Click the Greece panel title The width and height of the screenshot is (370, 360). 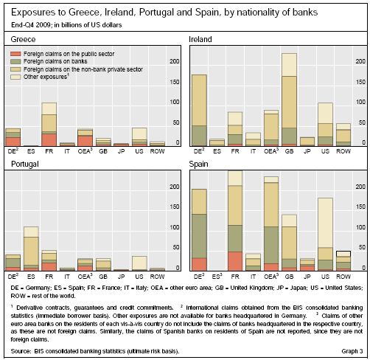pos(23,39)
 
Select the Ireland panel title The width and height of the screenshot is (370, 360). pos(200,39)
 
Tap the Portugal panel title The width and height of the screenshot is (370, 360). pos(25,164)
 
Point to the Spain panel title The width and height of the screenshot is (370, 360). pos(198,164)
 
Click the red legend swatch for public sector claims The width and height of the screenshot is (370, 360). pos(15,54)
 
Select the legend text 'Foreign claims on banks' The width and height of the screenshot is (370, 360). pos(55,61)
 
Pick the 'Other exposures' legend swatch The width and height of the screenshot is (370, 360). pos(15,77)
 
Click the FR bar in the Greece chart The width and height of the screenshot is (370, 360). pos(49,125)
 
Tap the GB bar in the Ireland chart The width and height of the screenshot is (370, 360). pos(289,100)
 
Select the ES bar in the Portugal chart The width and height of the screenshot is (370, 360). pos(31,249)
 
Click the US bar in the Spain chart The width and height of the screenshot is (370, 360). pos(325,235)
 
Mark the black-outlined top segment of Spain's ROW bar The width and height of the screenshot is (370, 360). pos(343,254)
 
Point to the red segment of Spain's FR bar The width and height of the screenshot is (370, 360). pos(235,261)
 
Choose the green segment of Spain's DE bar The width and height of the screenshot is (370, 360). pos(199,236)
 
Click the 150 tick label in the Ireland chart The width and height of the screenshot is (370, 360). pos(361,82)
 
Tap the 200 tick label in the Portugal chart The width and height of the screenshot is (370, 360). pos(175,187)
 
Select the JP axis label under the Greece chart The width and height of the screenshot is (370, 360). pos(121,151)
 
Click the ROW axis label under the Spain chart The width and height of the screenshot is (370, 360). pos(343,277)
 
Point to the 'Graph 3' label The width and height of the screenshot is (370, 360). pos(352,351)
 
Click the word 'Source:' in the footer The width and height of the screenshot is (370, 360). pos(21,351)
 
